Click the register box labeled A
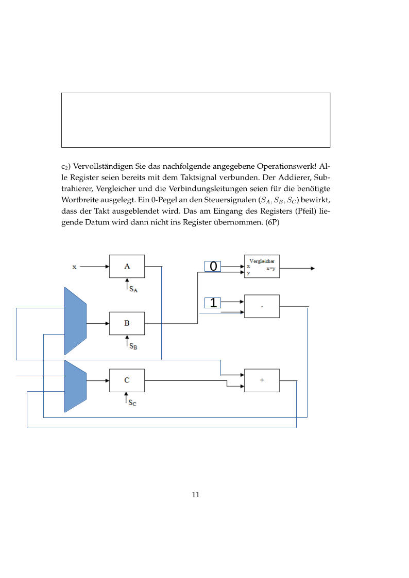(x=127, y=266)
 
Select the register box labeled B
(x=127, y=323)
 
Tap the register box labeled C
(x=127, y=380)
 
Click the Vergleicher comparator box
(x=262, y=267)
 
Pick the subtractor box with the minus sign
(x=262, y=306)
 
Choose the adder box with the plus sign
(x=262, y=380)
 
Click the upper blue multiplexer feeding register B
(x=75, y=321)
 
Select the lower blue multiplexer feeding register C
(x=75, y=386)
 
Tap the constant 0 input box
(x=213, y=266)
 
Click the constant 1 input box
(x=213, y=303)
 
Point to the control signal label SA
(x=133, y=290)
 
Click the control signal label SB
(x=133, y=347)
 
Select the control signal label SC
(x=132, y=403)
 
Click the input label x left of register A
(x=74, y=267)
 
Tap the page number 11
(x=196, y=495)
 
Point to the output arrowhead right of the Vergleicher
(x=312, y=268)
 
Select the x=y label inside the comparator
(x=270, y=269)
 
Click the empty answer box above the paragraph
(x=196, y=120)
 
